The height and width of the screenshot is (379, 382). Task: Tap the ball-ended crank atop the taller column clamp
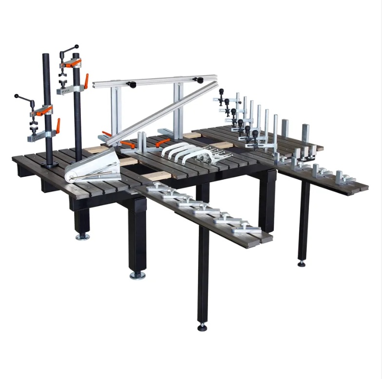point(76,47)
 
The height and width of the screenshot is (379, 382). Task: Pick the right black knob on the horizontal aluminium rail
point(198,80)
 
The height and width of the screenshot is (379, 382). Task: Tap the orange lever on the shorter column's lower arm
point(57,126)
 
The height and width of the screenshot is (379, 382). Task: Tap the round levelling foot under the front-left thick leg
point(137,275)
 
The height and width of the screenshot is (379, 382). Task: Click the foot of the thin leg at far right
point(302,263)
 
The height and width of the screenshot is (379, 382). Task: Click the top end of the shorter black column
point(46,55)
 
